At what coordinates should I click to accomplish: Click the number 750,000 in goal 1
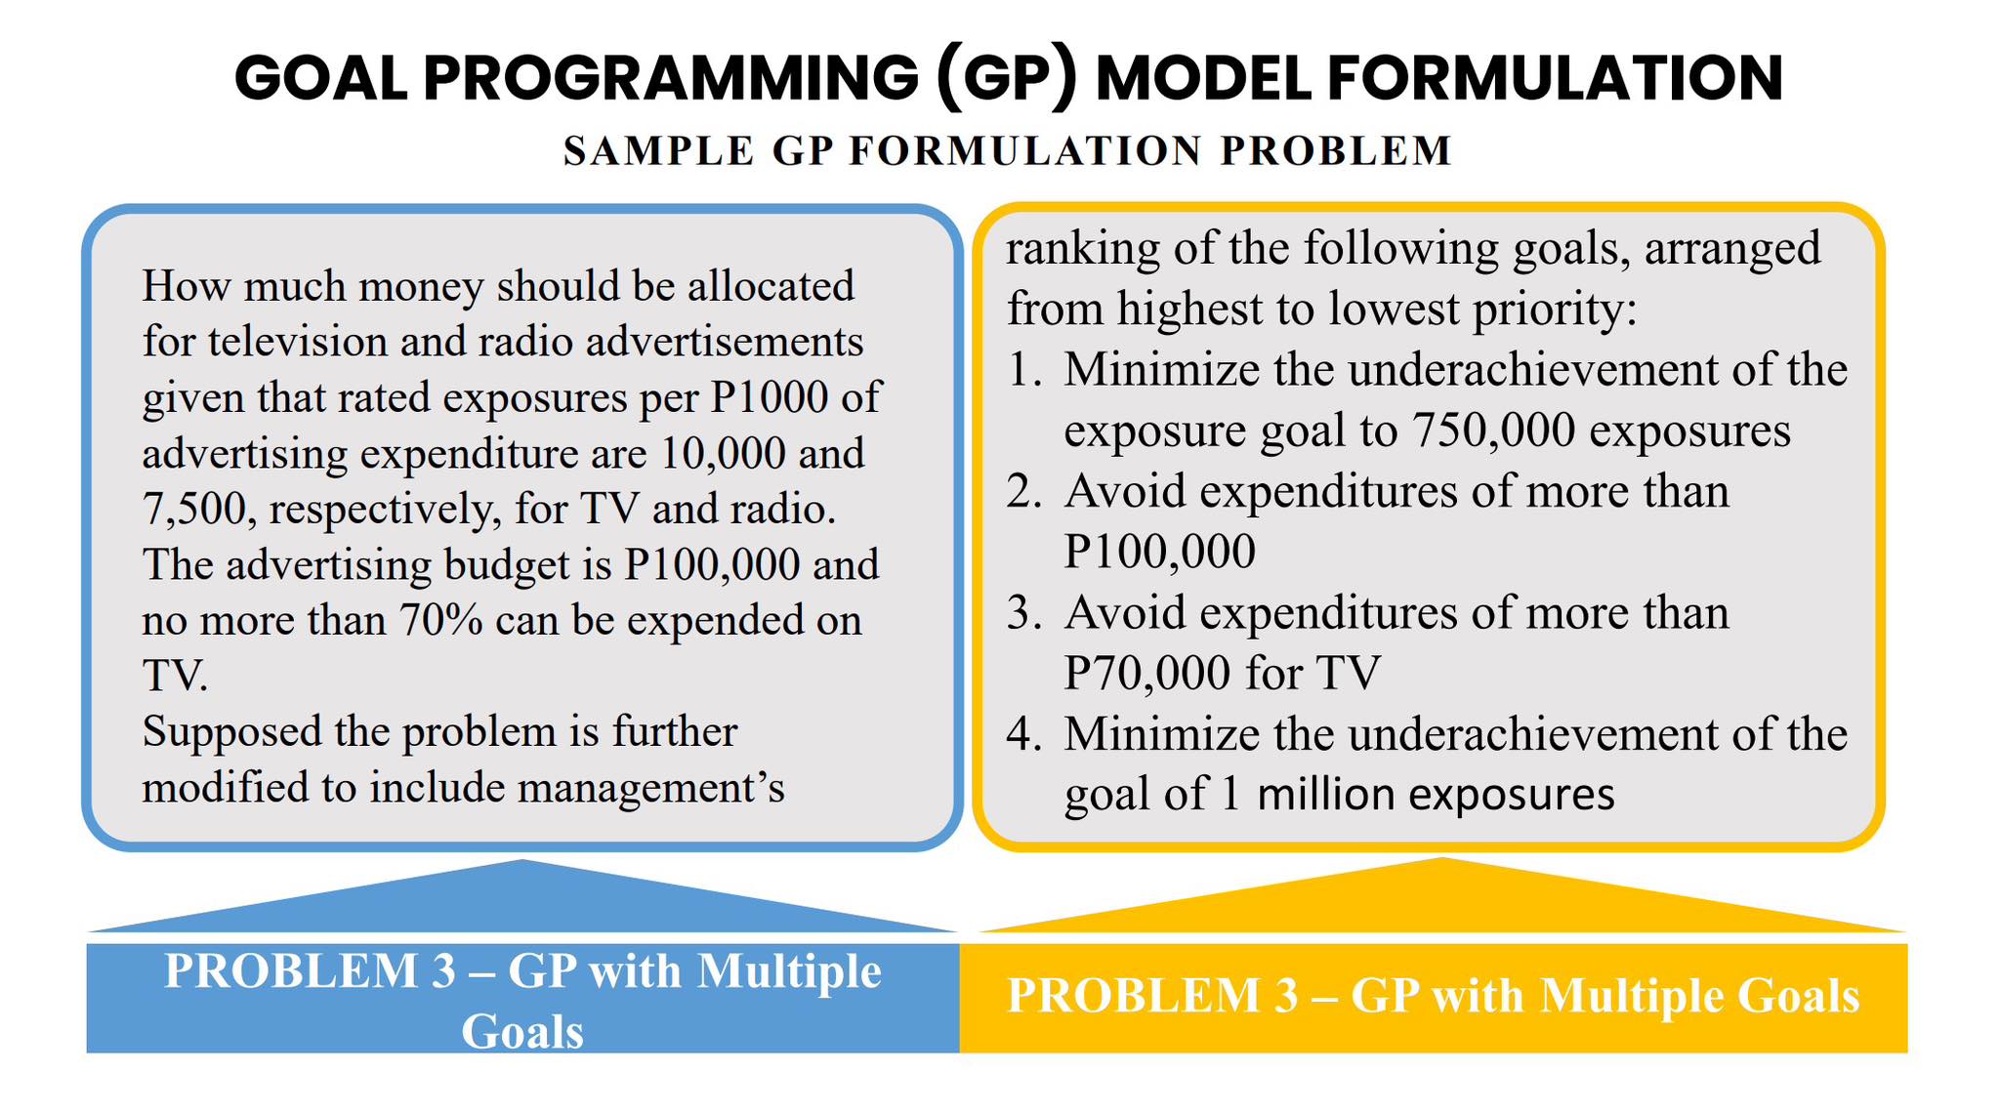[x=1494, y=431]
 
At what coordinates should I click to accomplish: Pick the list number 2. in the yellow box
[x=1025, y=491]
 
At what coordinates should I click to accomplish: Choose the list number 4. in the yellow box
[x=1025, y=734]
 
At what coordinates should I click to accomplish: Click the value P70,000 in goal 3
[x=1146, y=673]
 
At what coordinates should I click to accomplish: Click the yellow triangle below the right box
[x=1441, y=898]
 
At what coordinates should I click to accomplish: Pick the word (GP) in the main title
[x=1005, y=78]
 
